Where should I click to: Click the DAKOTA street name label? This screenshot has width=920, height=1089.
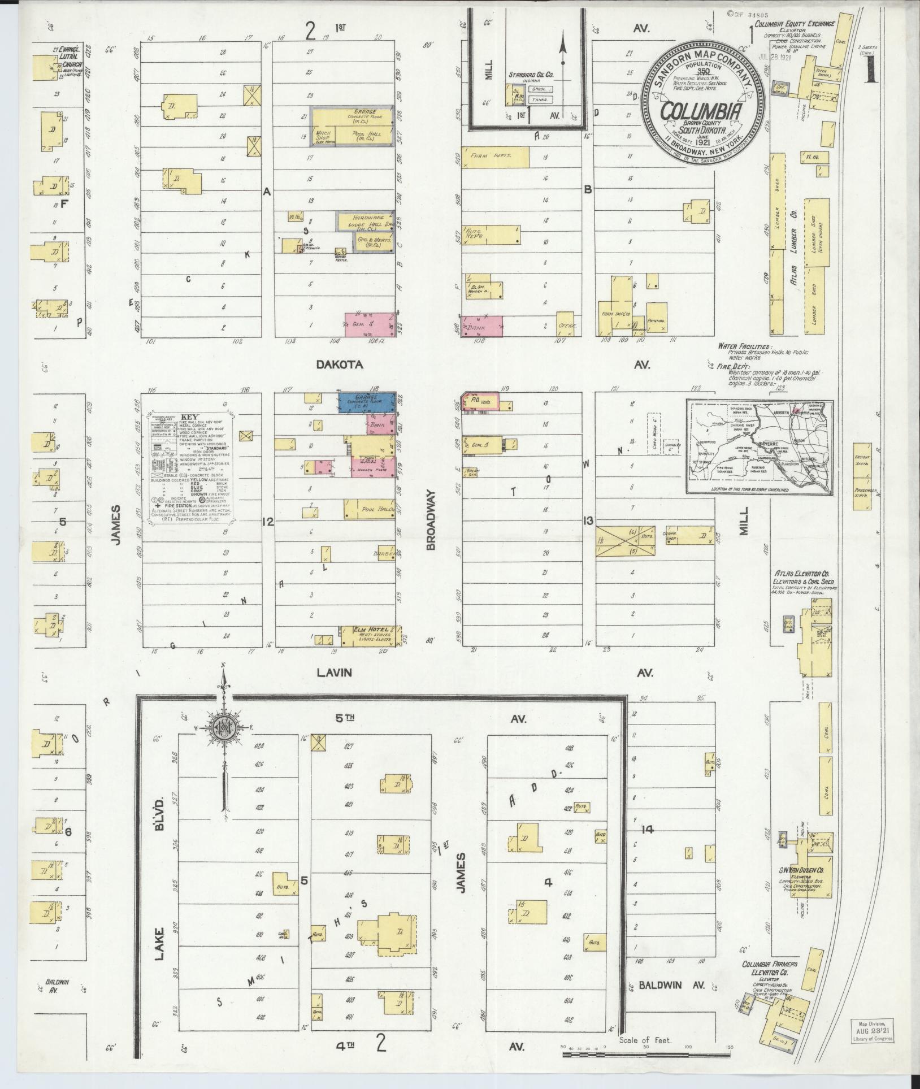tap(340, 365)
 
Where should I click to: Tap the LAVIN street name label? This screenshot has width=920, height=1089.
tap(335, 673)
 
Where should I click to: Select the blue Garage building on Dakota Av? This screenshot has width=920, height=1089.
tap(366, 402)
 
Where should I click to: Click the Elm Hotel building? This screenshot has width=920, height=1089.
tap(370, 635)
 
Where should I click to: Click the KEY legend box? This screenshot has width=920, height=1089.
tap(193, 467)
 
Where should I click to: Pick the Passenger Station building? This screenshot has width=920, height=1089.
tap(865, 492)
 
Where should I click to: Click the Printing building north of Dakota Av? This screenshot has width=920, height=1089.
tap(656, 319)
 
